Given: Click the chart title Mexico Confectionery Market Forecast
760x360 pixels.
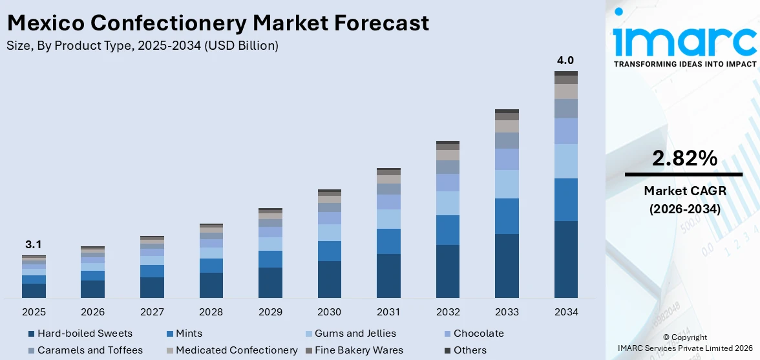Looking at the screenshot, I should (x=217, y=23).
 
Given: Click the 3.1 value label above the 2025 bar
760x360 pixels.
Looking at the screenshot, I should (x=34, y=245).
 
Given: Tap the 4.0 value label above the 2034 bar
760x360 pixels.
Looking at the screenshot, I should (x=565, y=61).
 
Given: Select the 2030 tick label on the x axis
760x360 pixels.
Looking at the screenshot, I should (x=330, y=312).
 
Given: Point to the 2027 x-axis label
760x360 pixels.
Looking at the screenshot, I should (x=152, y=312).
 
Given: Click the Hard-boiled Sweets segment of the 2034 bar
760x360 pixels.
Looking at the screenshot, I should (x=565, y=259).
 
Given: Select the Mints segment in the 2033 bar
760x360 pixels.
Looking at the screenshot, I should (x=507, y=216).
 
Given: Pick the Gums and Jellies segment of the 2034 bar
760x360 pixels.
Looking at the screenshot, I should (x=565, y=161).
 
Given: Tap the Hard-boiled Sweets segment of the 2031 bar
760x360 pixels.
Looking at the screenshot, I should (x=388, y=276).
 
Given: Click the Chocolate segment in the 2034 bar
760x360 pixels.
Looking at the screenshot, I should (x=565, y=131).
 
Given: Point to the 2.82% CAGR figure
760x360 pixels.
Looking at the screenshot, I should (x=684, y=158).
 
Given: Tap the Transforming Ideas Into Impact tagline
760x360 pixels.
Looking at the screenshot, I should (x=684, y=64).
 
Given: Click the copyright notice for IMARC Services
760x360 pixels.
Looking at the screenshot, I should (x=684, y=343).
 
